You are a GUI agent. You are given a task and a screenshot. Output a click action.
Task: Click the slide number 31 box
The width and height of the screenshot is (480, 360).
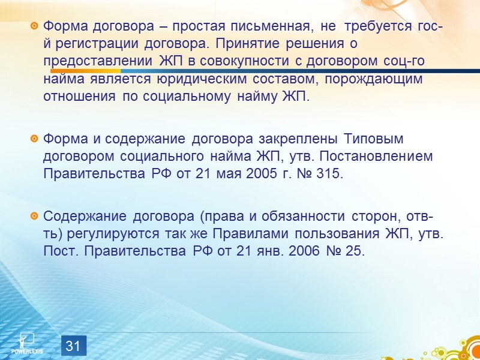pyautogui.click(x=73, y=346)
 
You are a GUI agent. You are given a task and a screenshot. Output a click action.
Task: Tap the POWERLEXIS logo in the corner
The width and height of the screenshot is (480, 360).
pyautogui.click(x=27, y=343)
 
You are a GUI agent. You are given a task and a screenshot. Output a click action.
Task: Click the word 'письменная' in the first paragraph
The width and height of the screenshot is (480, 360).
pyautogui.click(x=275, y=26)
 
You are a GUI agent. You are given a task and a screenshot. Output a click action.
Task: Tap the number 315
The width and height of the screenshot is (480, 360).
pyautogui.click(x=328, y=174)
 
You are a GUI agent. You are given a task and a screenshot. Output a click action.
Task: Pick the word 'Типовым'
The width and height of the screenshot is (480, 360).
pyautogui.click(x=374, y=139)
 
